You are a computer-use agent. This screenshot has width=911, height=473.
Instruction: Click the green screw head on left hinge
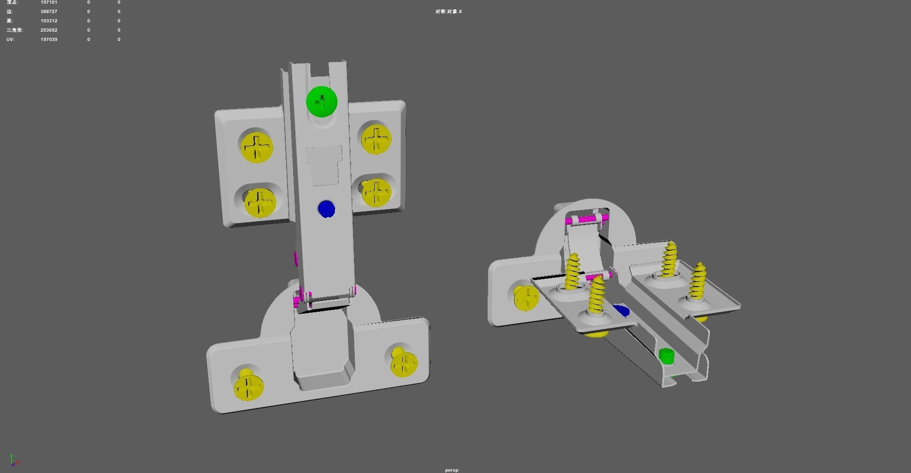[322, 101]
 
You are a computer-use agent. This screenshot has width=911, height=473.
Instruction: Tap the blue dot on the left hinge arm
[326, 209]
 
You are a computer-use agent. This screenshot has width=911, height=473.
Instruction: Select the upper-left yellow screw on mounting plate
[256, 148]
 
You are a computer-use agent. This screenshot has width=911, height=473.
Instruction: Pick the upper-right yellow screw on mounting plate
[376, 139]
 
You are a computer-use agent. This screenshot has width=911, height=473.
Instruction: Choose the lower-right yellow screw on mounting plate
[376, 192]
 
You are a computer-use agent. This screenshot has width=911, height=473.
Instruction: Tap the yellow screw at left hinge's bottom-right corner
[404, 363]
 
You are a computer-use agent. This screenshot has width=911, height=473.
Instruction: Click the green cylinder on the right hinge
[666, 356]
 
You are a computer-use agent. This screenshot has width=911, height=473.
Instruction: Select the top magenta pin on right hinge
[587, 219]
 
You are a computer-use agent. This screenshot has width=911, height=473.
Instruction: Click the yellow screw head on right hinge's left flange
[526, 297]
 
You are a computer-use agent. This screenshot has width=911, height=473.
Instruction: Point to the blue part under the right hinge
[622, 310]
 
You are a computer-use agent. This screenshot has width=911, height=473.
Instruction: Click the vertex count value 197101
[49, 2]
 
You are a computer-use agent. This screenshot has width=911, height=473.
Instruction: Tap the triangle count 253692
[49, 30]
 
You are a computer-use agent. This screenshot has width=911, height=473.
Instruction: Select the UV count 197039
[49, 39]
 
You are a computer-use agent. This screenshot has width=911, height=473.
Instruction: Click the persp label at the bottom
[451, 470]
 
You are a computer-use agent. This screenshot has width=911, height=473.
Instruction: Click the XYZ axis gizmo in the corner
[14, 460]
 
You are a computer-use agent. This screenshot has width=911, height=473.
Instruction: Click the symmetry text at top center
[448, 11]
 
